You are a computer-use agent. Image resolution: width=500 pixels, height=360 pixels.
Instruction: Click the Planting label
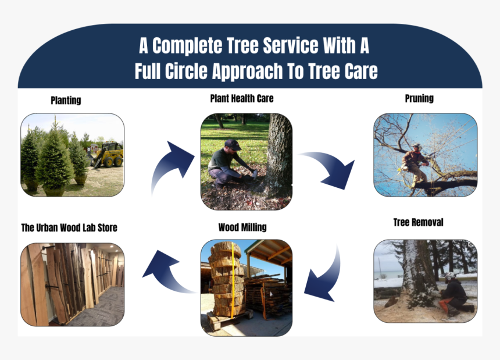pyautogui.click(x=66, y=100)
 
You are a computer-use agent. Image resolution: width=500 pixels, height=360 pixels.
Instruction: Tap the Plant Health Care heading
pyautogui.click(x=242, y=98)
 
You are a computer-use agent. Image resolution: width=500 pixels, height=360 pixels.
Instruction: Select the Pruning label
pyautogui.click(x=419, y=98)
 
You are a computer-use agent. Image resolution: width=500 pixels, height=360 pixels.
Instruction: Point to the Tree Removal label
pyautogui.click(x=418, y=222)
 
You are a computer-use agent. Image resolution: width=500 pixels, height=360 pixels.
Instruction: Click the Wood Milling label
pyautogui.click(x=242, y=227)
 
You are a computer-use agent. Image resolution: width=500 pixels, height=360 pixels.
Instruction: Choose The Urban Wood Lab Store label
pyautogui.click(x=69, y=227)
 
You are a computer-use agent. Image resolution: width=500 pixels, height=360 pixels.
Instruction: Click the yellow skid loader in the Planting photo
pyautogui.click(x=108, y=155)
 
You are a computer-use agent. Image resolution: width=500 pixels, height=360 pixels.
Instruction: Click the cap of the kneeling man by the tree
pyautogui.click(x=232, y=144)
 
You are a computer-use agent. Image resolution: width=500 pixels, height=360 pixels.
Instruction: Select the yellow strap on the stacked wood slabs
pyautogui.click(x=233, y=280)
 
